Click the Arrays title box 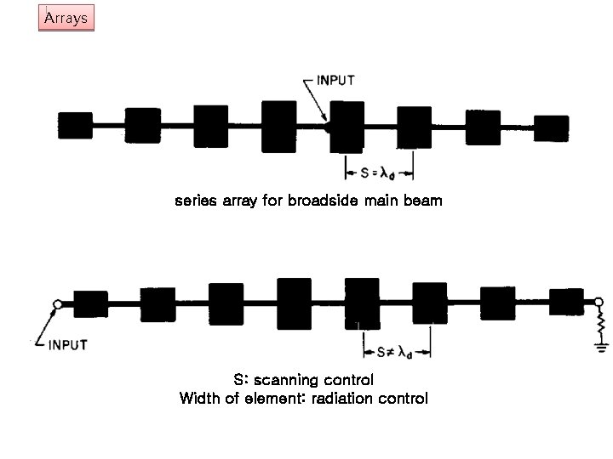[66, 18]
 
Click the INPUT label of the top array [335, 80]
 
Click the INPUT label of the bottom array [67, 344]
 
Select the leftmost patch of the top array [74, 127]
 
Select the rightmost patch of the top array [551, 127]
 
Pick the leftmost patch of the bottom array [90, 303]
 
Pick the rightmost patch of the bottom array [566, 303]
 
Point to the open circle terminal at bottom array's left [57, 303]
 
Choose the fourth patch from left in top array [278, 127]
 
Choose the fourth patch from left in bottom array [294, 303]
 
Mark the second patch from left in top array [143, 126]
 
